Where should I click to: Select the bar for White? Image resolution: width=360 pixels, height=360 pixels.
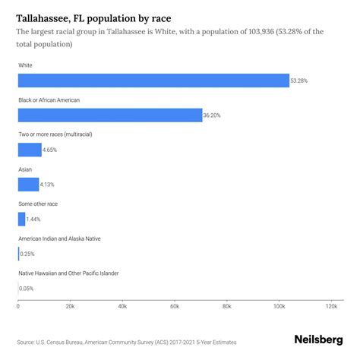[153, 81]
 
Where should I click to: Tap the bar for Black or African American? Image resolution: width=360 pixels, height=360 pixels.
[109, 115]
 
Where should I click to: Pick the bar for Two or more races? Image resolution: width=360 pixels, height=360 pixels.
[30, 150]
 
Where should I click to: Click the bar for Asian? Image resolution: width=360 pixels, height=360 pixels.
[28, 184]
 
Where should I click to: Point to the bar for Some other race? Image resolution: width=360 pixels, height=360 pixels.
[21, 219]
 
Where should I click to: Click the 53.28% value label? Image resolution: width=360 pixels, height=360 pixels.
[300, 81]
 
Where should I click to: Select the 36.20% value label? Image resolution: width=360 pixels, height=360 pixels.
[212, 115]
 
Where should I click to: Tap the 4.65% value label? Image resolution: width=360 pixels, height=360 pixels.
[52, 150]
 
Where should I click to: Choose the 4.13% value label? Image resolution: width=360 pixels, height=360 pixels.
[50, 185]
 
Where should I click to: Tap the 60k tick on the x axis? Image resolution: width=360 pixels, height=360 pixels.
[174, 306]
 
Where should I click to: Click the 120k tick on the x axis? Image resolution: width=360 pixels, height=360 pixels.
[330, 306]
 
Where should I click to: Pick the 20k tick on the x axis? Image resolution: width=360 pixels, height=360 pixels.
[70, 306]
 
